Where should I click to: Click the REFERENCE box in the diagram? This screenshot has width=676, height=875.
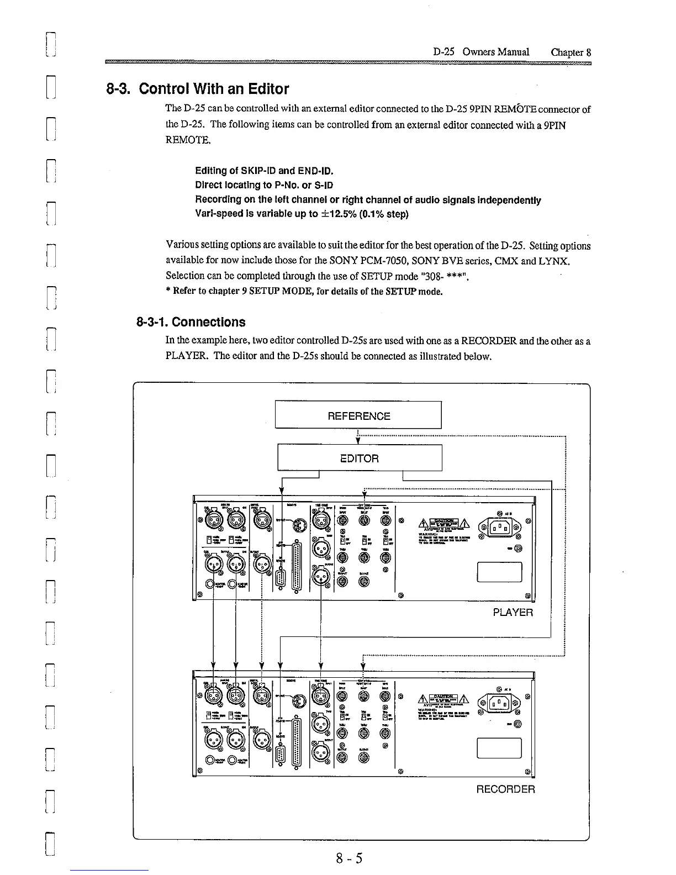tap(358, 415)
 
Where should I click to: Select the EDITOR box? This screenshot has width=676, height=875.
tap(360, 458)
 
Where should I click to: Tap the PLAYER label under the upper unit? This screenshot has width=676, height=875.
tap(513, 613)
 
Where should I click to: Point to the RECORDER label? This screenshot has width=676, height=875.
tap(505, 789)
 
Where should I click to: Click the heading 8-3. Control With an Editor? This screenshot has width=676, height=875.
tap(197, 89)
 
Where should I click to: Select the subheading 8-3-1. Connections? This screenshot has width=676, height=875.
tap(191, 322)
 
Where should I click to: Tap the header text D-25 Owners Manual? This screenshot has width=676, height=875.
tap(481, 52)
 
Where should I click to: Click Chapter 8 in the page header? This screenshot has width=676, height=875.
tap(571, 52)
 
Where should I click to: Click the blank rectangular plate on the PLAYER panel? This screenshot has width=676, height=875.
tap(499, 572)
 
